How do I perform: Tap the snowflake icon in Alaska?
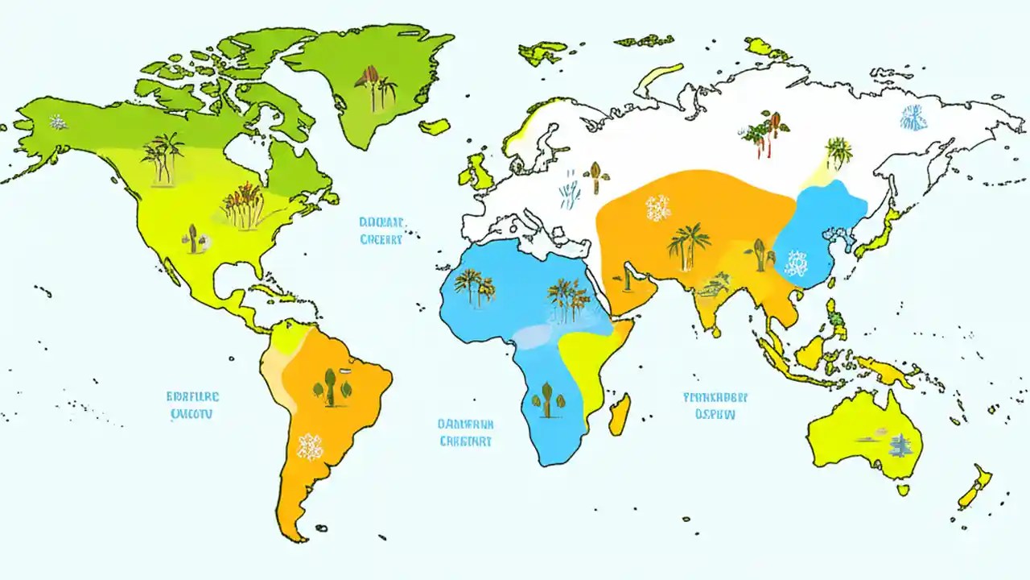pyautogui.click(x=58, y=122)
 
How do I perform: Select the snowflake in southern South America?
pyautogui.click(x=310, y=445)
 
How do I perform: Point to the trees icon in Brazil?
pyautogui.click(x=332, y=387)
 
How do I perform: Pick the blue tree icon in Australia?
pyautogui.click(x=898, y=444)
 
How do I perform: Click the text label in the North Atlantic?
pyautogui.click(x=381, y=230)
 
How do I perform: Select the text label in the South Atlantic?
pyautogui.click(x=466, y=433)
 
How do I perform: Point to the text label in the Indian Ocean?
pyautogui.click(x=715, y=406)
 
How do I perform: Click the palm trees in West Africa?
pyautogui.click(x=473, y=288)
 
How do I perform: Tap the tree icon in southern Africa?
pyautogui.click(x=547, y=400)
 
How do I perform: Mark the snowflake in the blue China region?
pyautogui.click(x=797, y=263)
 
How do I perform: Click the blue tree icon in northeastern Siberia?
pyautogui.click(x=913, y=118)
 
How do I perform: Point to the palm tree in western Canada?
pyautogui.click(x=163, y=155)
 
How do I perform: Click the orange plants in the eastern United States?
pyautogui.click(x=242, y=205)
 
